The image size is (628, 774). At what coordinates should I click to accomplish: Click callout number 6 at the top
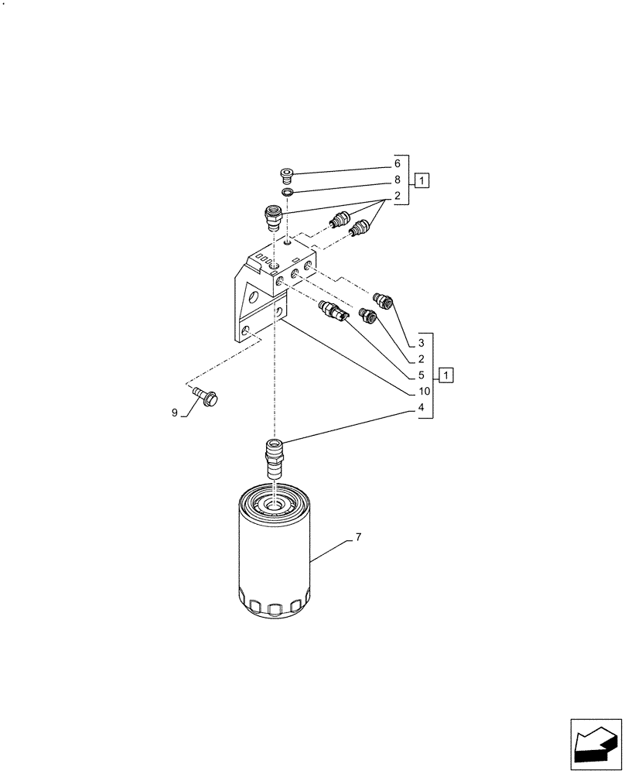pos(398,163)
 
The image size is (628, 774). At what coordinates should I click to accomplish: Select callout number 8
pos(398,180)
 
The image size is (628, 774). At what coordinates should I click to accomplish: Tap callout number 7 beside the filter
pos(359,536)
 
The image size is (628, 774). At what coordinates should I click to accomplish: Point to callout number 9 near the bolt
pos(175,413)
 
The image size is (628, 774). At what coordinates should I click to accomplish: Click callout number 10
pos(424,392)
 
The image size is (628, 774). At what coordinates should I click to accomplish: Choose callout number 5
pos(421,375)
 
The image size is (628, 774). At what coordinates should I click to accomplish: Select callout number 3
pos(421,343)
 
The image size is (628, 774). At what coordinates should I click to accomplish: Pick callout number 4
pos(421,408)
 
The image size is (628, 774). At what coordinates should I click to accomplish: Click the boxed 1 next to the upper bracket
pos(421,181)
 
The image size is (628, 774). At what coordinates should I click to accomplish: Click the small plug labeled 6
pos(288,172)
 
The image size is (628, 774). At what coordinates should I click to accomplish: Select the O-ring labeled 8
pos(287,192)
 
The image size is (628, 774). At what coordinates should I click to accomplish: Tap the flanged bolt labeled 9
pos(207,397)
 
